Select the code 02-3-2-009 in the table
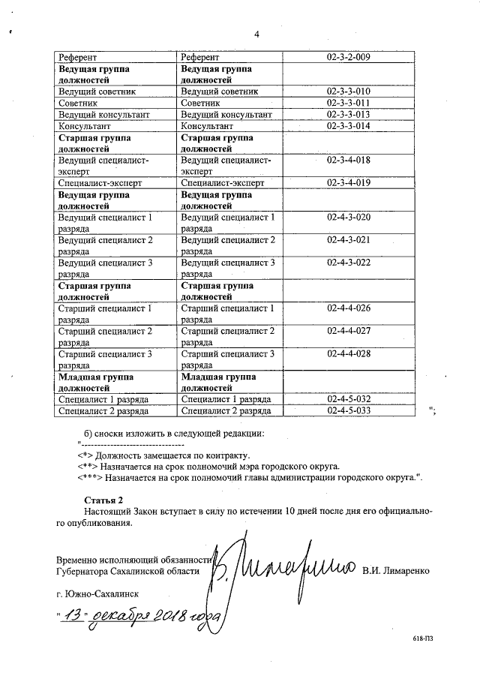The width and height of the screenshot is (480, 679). click(x=349, y=57)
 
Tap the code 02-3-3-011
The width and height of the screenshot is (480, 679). click(x=349, y=103)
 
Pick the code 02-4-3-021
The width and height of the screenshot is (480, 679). click(x=349, y=240)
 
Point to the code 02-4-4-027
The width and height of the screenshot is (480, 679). click(x=349, y=331)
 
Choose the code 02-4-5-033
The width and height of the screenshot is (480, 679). click(x=349, y=410)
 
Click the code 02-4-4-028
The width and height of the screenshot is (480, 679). click(x=349, y=353)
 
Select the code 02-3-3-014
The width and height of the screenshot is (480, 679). click(x=349, y=126)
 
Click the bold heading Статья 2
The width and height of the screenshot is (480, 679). click(x=103, y=500)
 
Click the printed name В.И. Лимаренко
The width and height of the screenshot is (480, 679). click(x=395, y=571)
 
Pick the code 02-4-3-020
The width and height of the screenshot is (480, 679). click(x=349, y=217)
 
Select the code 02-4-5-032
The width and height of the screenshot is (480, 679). click(x=349, y=399)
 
